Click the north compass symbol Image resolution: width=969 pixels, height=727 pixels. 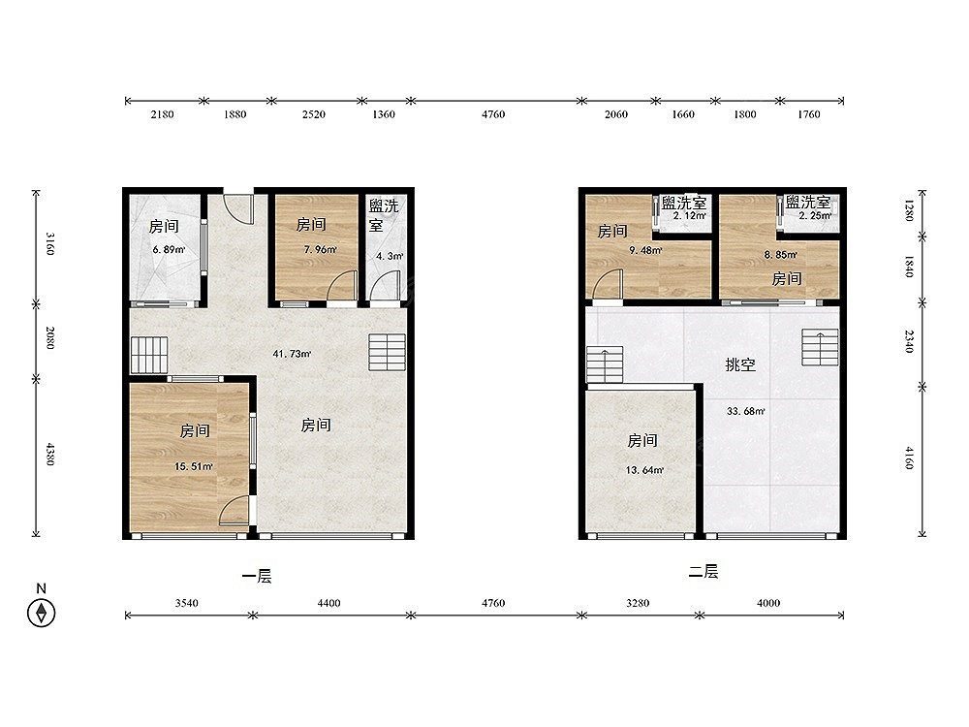coord(42,613)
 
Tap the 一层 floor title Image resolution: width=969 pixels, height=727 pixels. coord(257,576)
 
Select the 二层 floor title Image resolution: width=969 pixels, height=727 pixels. coord(703,571)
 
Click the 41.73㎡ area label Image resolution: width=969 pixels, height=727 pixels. coord(292,354)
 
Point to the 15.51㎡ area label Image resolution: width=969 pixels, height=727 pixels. coord(194,466)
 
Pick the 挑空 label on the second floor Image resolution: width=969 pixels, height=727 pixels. coord(740,364)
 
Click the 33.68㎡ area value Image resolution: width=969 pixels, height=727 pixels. coord(746,410)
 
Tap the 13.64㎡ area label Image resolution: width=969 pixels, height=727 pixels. coord(644,470)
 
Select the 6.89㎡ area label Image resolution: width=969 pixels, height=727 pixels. coord(169,250)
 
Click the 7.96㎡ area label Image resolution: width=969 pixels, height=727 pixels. coord(320,250)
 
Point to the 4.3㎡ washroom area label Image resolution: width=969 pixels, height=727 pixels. coord(390,255)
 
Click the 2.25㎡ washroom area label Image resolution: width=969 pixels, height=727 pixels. coord(815,216)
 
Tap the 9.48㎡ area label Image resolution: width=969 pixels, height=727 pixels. coord(645,250)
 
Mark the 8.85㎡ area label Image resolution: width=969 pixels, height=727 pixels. coord(780,254)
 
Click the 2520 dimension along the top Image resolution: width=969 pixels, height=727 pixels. coord(314,114)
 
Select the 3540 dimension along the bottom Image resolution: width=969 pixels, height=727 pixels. coord(186,603)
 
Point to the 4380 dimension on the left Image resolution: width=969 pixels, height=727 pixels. coord(50,455)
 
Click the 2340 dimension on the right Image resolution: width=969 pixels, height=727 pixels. coord(909,341)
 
